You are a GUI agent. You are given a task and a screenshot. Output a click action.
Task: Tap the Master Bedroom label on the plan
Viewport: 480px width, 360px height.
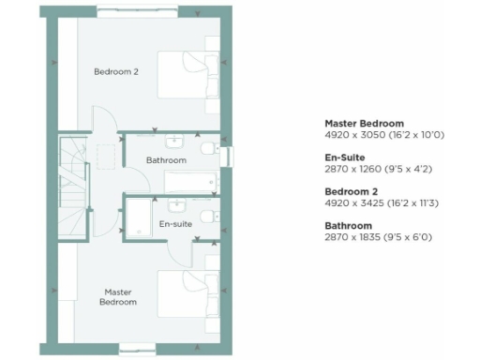coord(120,297)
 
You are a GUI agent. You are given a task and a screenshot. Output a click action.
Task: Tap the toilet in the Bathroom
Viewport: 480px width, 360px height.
coord(208,150)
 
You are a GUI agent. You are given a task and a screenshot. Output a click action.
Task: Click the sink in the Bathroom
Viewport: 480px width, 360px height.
coord(175,142)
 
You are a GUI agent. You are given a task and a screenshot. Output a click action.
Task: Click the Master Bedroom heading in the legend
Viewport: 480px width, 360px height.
coord(364,124)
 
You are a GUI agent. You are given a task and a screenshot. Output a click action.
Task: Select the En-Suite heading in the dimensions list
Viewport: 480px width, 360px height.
coord(345,157)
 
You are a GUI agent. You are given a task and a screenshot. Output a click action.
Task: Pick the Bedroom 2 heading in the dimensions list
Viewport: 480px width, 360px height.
coord(350,191)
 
